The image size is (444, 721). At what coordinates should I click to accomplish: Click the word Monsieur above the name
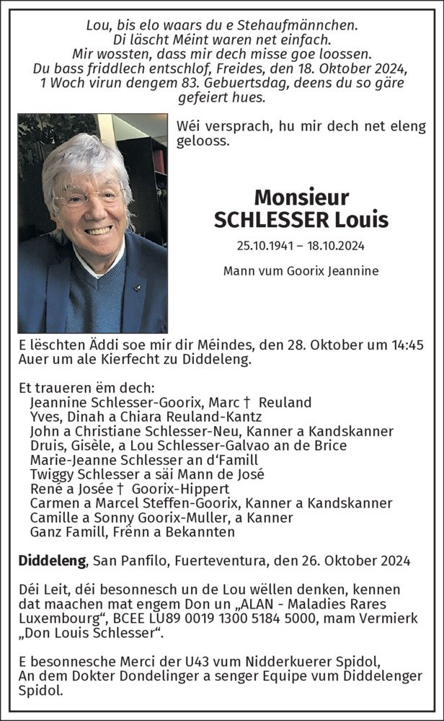tap(301, 197)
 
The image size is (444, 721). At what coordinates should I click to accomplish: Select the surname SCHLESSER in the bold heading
tap(266, 219)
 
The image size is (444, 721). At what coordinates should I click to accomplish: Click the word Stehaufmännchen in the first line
tap(305, 26)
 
